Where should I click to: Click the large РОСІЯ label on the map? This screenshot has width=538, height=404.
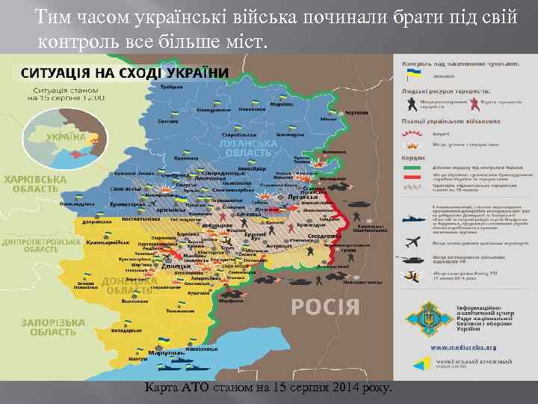pyautogui.click(x=325, y=306)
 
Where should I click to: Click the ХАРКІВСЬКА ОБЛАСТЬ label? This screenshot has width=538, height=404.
pyautogui.click(x=30, y=185)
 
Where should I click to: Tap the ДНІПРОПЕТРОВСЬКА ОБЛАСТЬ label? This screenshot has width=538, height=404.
pyautogui.click(x=40, y=245)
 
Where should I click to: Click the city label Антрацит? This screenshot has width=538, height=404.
pyautogui.click(x=279, y=246)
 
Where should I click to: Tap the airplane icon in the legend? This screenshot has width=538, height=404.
pyautogui.click(x=412, y=241)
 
